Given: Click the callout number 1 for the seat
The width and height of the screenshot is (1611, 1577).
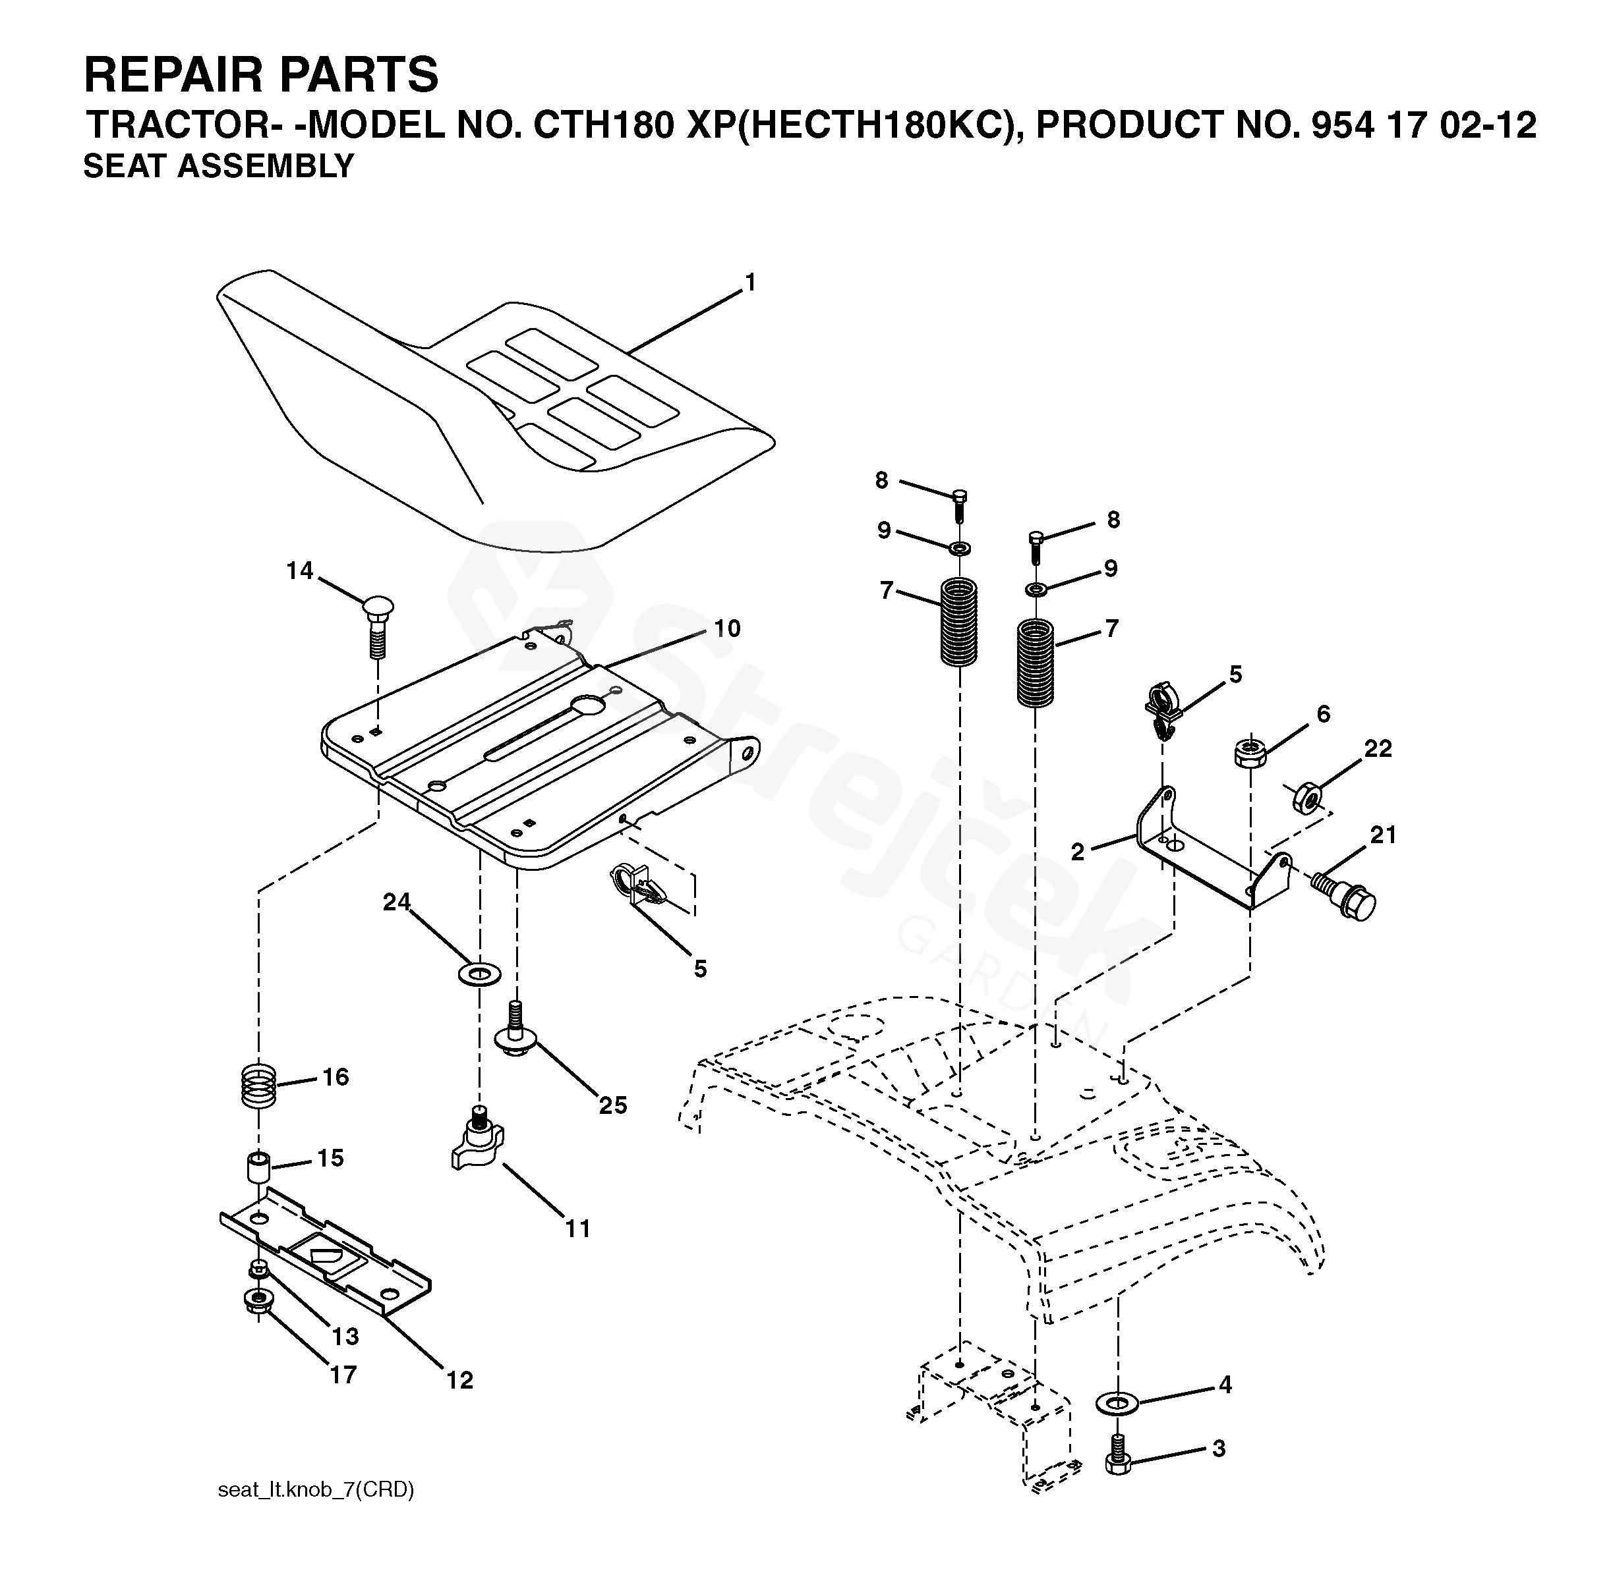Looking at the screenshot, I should coord(750,284).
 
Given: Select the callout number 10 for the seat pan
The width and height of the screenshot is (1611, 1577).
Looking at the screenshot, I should coord(727,628).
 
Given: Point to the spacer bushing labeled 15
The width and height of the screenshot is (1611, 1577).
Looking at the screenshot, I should coord(258,1168).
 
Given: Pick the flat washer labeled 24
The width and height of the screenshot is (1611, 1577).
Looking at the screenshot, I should coord(479,972).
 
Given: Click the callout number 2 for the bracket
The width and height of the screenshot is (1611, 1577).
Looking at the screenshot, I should coord(1076,852).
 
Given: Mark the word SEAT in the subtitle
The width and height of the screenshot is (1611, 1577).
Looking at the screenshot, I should coord(125,167).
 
